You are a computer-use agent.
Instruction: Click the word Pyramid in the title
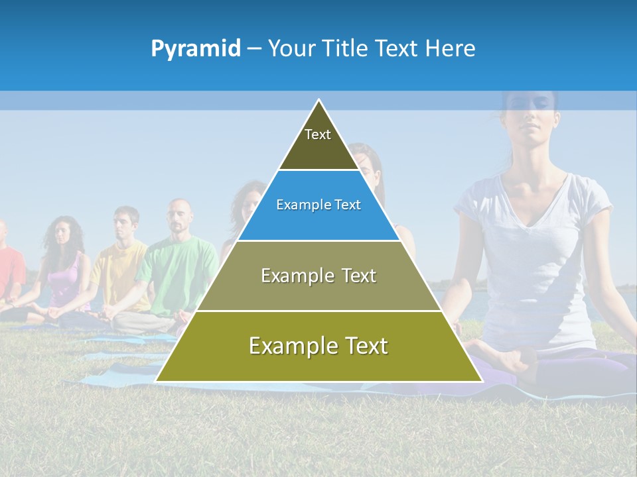pyautogui.click(x=195, y=49)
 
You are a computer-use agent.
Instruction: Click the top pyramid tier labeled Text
pyautogui.click(x=318, y=142)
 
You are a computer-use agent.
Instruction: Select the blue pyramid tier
pyautogui.click(x=318, y=205)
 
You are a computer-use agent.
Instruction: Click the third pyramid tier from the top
pyautogui.click(x=318, y=276)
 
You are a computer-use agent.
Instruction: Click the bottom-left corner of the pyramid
pyautogui.click(x=157, y=381)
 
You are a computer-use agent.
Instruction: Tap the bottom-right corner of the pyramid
pyautogui.click(x=481, y=381)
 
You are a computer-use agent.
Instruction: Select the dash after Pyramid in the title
pyautogui.click(x=253, y=49)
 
